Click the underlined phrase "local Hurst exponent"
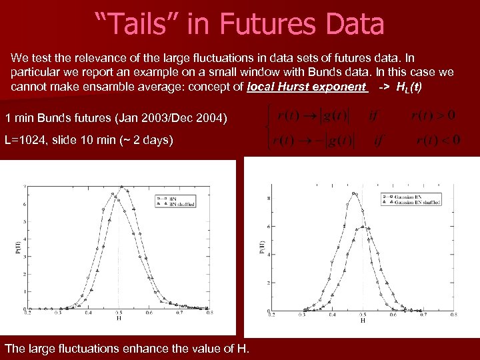[x=307, y=87]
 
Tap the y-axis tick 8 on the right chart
[x=268, y=198]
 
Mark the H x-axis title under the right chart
[x=363, y=321]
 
